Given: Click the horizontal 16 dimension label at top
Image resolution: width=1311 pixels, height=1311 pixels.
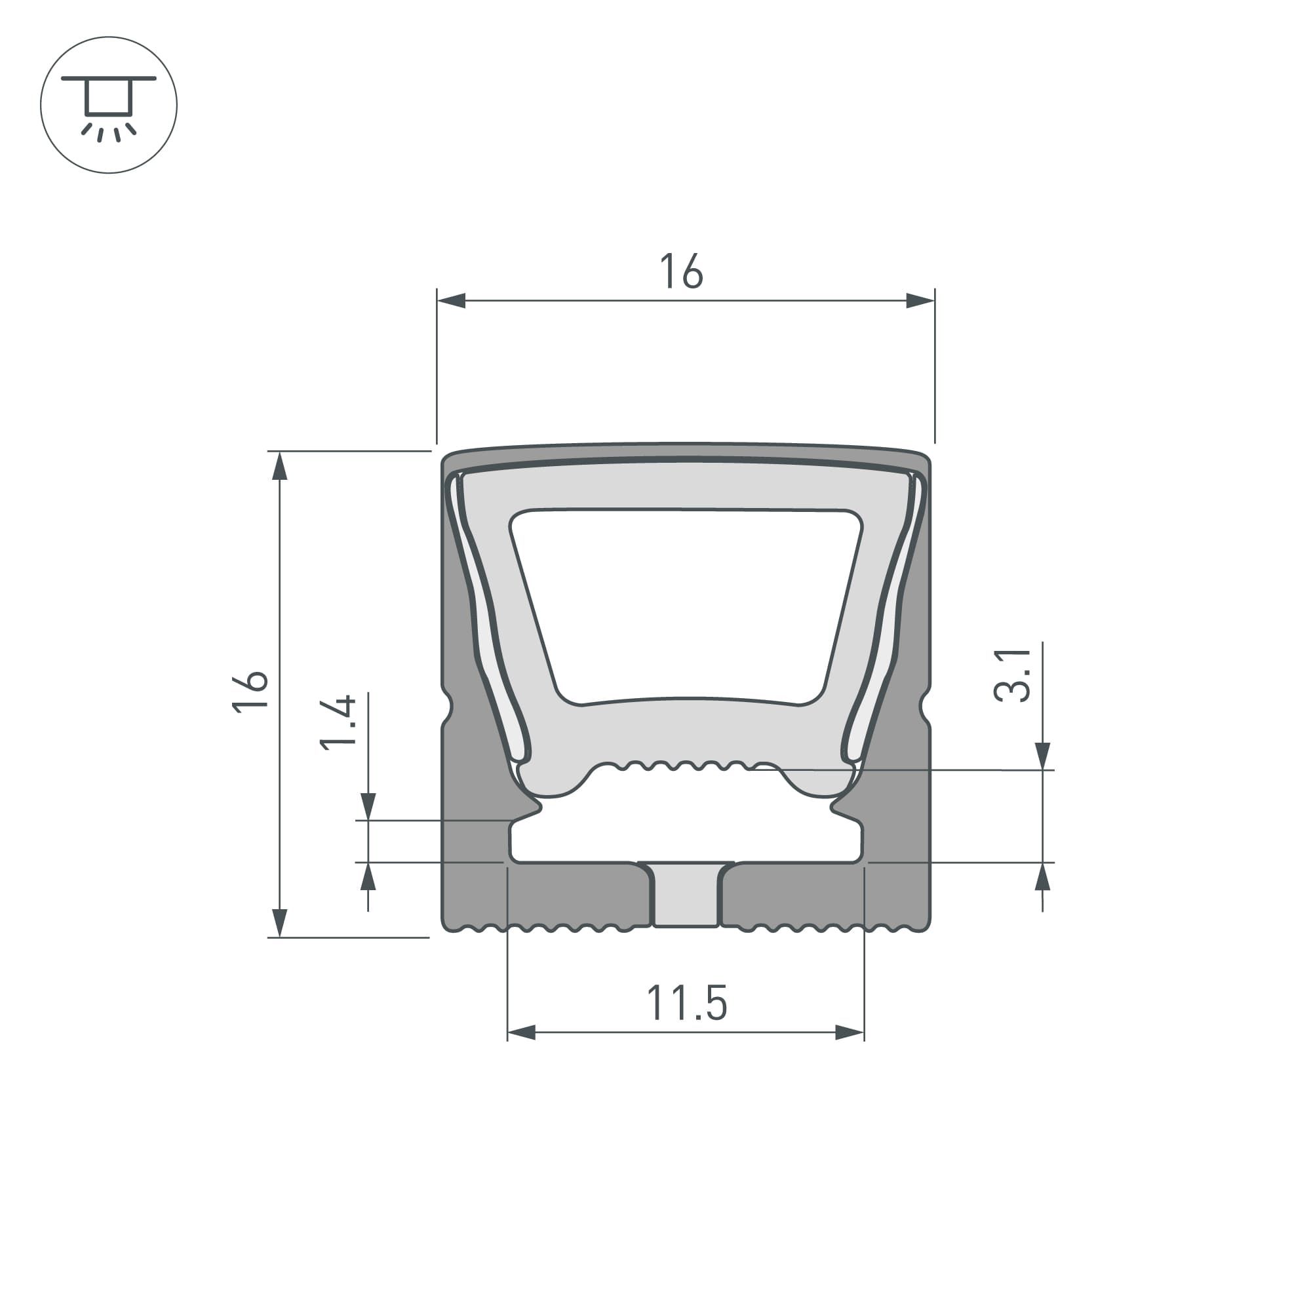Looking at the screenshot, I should tap(681, 271).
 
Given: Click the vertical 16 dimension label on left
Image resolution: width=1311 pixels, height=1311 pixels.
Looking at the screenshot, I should tap(250, 691).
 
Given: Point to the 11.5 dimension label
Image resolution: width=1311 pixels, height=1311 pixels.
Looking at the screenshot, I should tap(687, 1004).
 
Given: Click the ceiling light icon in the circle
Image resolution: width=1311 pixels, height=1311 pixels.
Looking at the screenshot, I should tap(109, 105).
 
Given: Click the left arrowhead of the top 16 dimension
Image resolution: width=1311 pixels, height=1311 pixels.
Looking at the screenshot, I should tap(451, 301).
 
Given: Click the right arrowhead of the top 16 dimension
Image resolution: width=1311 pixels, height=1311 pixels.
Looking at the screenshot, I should tap(920, 301).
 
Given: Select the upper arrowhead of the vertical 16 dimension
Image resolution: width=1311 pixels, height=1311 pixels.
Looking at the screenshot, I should tap(280, 466).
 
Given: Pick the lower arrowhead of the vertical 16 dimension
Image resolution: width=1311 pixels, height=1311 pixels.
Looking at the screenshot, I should tap(280, 922).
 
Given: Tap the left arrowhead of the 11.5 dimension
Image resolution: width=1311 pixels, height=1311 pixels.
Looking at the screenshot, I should tap(522, 1034).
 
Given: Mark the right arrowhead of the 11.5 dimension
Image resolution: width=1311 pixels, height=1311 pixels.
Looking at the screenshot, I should tap(849, 1034).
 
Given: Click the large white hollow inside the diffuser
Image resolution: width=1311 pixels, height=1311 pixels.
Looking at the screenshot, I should tap(686, 604).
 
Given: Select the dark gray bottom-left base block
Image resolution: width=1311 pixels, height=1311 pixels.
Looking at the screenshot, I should tap(577, 894).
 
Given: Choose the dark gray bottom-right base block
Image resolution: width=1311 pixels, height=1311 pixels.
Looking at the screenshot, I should tap(794, 894).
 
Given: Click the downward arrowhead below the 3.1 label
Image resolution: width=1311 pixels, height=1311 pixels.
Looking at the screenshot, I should tap(1043, 756).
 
